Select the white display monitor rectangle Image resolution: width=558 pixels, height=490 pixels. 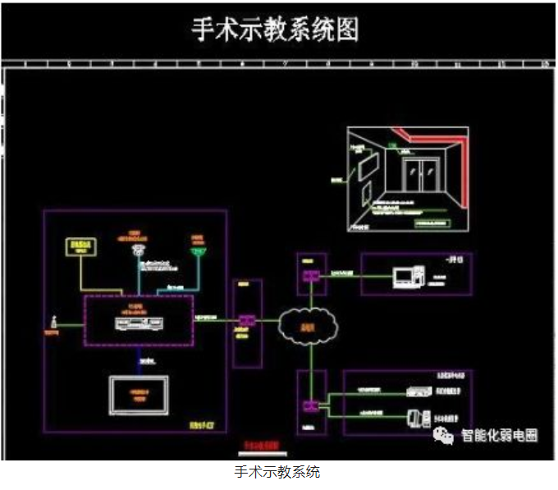[x=139, y=396]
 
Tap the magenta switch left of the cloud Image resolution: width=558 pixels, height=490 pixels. [x=245, y=320]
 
